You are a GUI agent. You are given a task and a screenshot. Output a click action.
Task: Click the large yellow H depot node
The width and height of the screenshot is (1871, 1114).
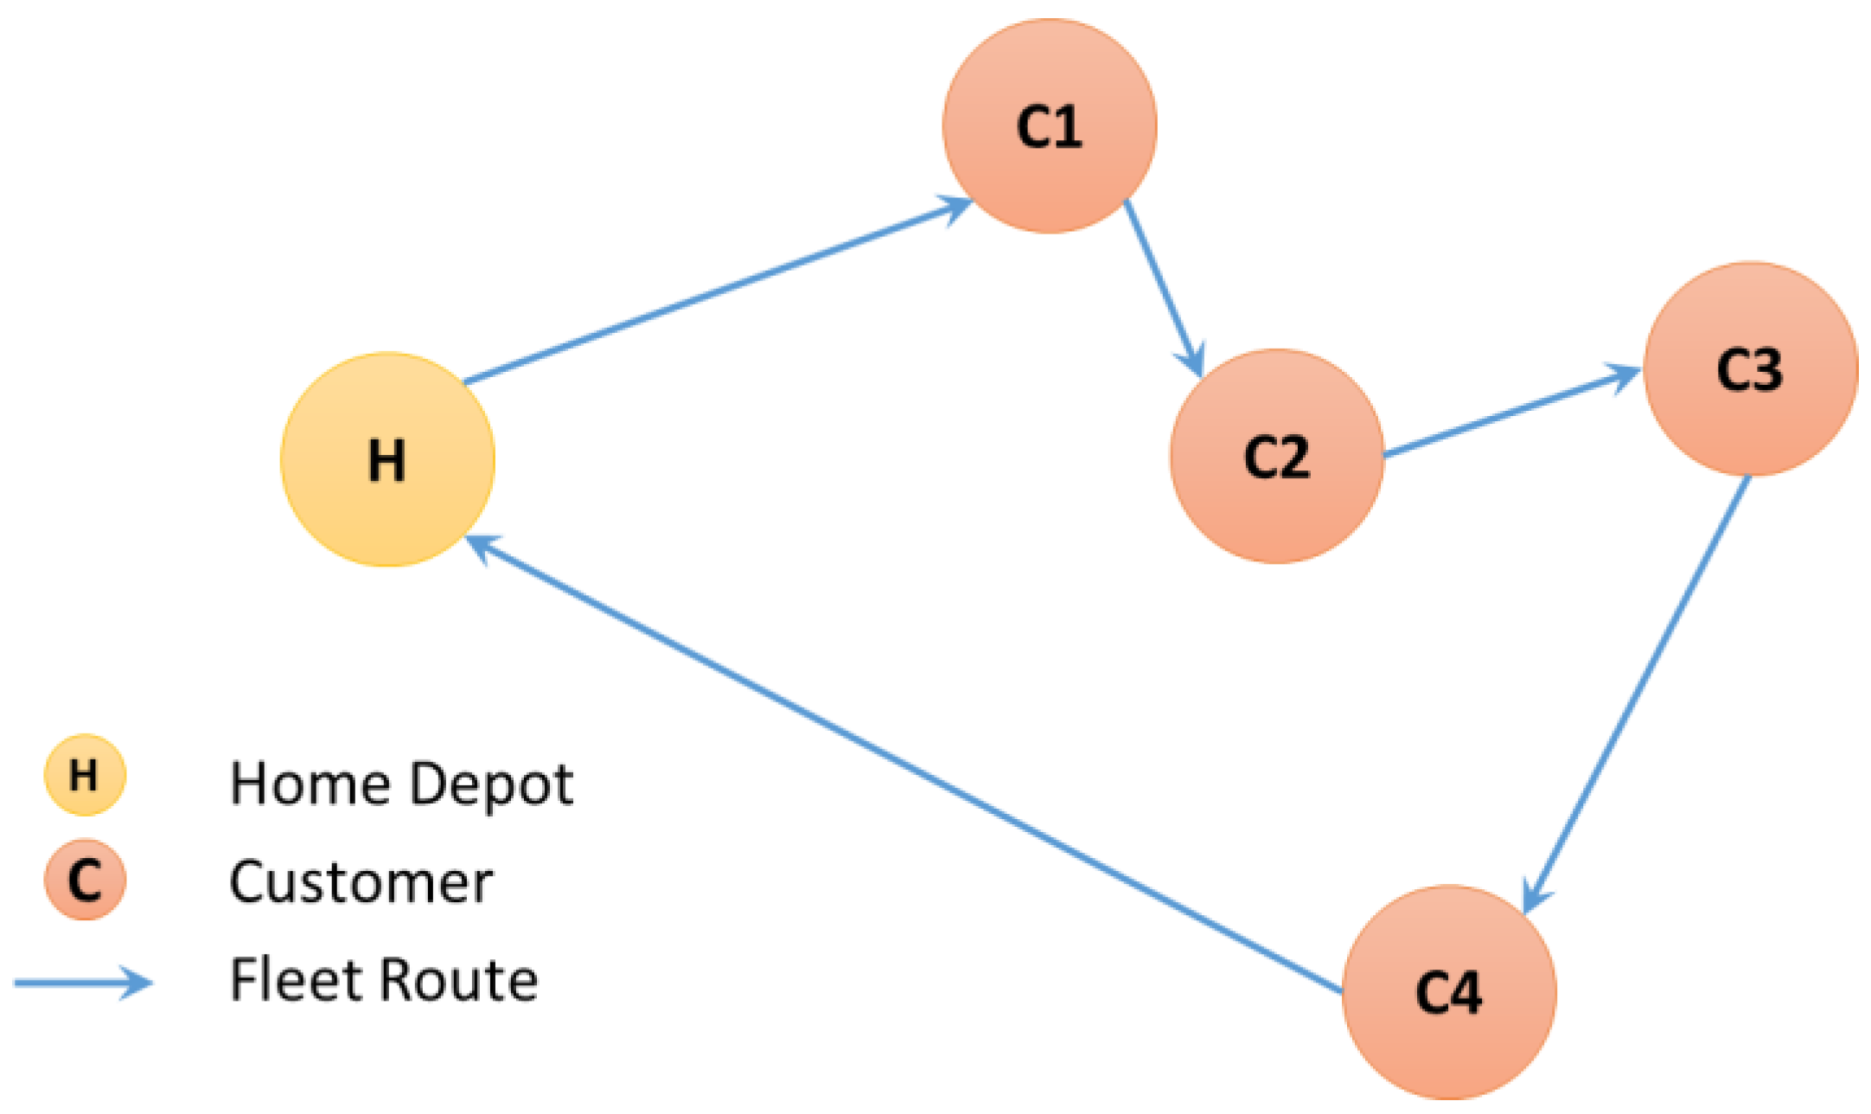pos(387,459)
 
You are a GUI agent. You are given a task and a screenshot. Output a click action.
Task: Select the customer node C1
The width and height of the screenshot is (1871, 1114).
pos(1049,126)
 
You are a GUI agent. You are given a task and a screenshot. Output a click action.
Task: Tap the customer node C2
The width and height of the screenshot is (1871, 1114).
pos(1276,456)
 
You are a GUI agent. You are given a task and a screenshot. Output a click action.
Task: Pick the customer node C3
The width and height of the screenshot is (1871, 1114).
pos(1750,369)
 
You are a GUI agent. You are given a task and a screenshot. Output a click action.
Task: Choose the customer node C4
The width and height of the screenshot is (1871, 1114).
pos(1449,992)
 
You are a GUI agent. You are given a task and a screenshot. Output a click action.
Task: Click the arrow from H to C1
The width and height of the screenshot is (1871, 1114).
pos(718,291)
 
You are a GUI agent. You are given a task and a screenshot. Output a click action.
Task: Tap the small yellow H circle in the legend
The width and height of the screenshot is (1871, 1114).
pos(85,775)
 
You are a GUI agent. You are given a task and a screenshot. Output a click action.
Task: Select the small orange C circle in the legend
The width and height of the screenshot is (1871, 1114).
pos(85,880)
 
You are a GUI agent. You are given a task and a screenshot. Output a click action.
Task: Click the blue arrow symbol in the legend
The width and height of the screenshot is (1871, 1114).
pos(83,983)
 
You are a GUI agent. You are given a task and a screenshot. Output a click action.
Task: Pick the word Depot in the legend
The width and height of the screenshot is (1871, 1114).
pos(490,785)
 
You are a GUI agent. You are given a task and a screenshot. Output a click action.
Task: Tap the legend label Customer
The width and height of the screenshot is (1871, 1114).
pos(361,882)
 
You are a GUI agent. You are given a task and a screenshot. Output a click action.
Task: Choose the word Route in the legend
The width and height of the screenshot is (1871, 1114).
pos(458,980)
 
